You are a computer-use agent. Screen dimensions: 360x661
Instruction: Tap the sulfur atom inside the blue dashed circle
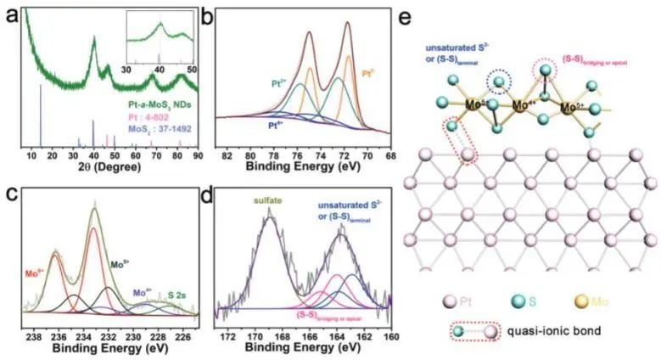click(x=502, y=82)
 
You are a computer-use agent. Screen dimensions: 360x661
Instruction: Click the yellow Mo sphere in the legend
click(x=608, y=301)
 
